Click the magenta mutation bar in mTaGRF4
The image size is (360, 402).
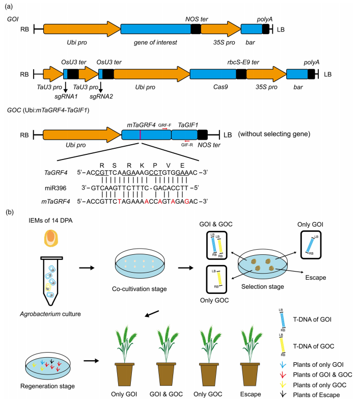click(140, 135)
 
